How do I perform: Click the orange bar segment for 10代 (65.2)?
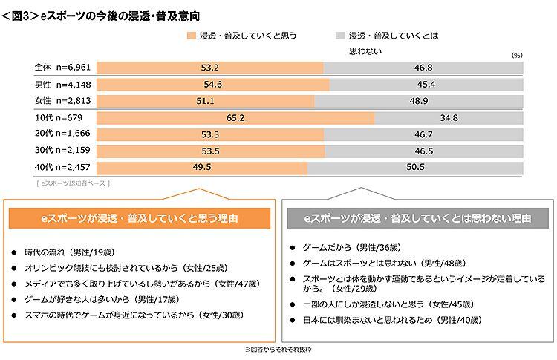(235, 118)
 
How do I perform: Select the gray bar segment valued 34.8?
(449, 118)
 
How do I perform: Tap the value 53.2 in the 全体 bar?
(209, 68)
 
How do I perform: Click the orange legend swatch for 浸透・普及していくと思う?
(192, 35)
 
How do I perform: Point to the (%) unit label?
(517, 55)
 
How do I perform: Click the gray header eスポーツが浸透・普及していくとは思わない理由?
(418, 218)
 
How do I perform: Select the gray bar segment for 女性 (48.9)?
(423, 101)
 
